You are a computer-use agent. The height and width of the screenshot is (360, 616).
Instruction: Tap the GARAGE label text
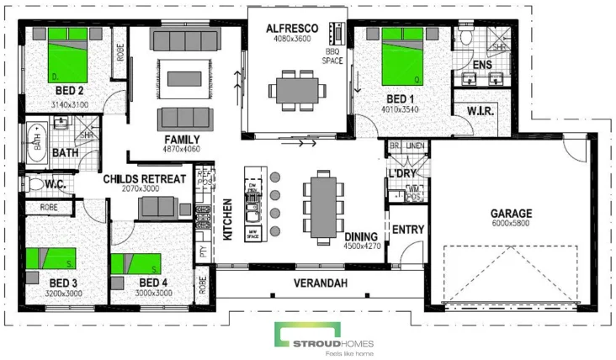[x=512, y=213]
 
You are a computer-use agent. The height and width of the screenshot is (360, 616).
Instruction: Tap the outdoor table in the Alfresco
[x=295, y=87]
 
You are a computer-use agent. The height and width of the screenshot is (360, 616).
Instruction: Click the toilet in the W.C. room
[x=34, y=183]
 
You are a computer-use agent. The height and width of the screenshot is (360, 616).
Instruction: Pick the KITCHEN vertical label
[x=227, y=220]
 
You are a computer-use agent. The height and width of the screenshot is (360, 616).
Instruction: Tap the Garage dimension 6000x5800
[x=512, y=224]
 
